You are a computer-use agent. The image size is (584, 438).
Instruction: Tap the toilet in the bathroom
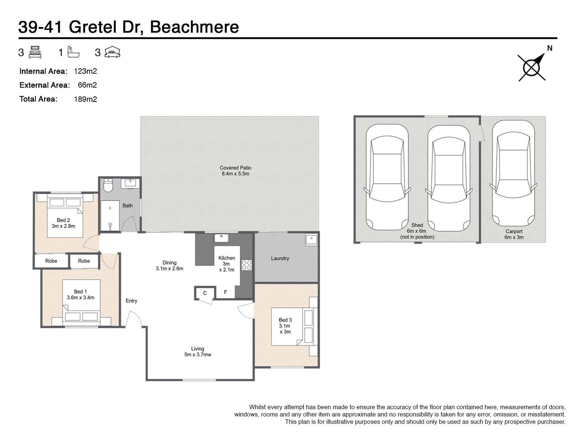tap(108, 186)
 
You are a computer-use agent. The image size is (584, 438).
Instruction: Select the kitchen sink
tap(221, 238)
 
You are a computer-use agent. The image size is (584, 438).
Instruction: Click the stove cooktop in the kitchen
tap(247, 265)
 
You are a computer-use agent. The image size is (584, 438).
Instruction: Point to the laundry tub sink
tap(311, 239)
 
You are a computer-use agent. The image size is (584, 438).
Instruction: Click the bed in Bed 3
tap(292, 326)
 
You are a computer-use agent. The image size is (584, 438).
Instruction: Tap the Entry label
tap(131, 301)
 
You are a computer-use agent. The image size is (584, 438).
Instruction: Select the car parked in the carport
tap(513, 174)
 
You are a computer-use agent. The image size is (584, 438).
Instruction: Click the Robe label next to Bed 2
tap(51, 261)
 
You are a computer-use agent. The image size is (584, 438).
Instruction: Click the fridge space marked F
tap(225, 292)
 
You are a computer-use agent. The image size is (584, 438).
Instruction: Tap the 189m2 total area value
tap(85, 99)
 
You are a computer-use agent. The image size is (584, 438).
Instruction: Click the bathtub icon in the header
tap(73, 52)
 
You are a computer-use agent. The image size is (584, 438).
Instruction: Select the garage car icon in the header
tap(112, 52)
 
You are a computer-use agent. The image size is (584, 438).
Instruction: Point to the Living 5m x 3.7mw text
tap(198, 352)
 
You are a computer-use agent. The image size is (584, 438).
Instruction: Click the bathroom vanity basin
tap(130, 183)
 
